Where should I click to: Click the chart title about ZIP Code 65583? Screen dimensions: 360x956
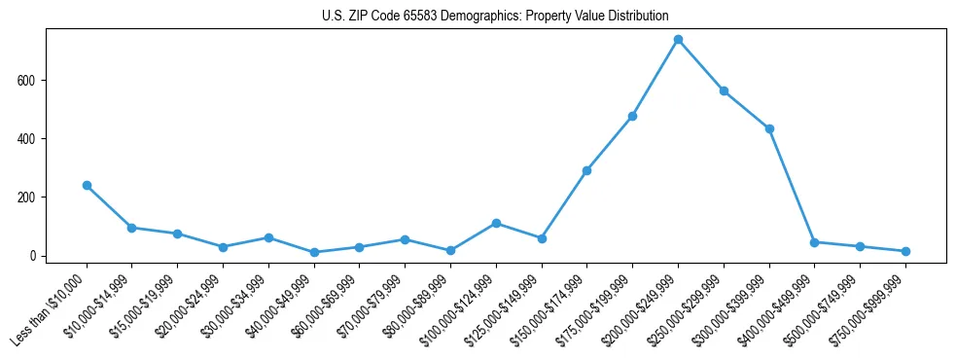click(x=495, y=16)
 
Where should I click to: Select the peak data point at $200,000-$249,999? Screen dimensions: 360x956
click(x=678, y=40)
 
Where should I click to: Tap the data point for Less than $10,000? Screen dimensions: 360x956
click(x=87, y=185)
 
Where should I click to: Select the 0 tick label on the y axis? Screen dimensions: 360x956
click(x=33, y=256)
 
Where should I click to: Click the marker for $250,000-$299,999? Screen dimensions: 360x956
click(x=724, y=91)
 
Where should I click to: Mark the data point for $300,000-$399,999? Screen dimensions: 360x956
click(x=769, y=128)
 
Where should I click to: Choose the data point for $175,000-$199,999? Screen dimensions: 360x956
click(x=632, y=116)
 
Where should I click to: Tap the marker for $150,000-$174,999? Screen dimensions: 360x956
click(x=586, y=170)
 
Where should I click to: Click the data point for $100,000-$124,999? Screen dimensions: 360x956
click(x=496, y=223)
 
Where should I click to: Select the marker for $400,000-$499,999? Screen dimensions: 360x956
click(x=814, y=242)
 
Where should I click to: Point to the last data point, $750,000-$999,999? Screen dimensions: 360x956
click(x=905, y=251)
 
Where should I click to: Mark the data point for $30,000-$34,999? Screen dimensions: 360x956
click(x=268, y=237)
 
